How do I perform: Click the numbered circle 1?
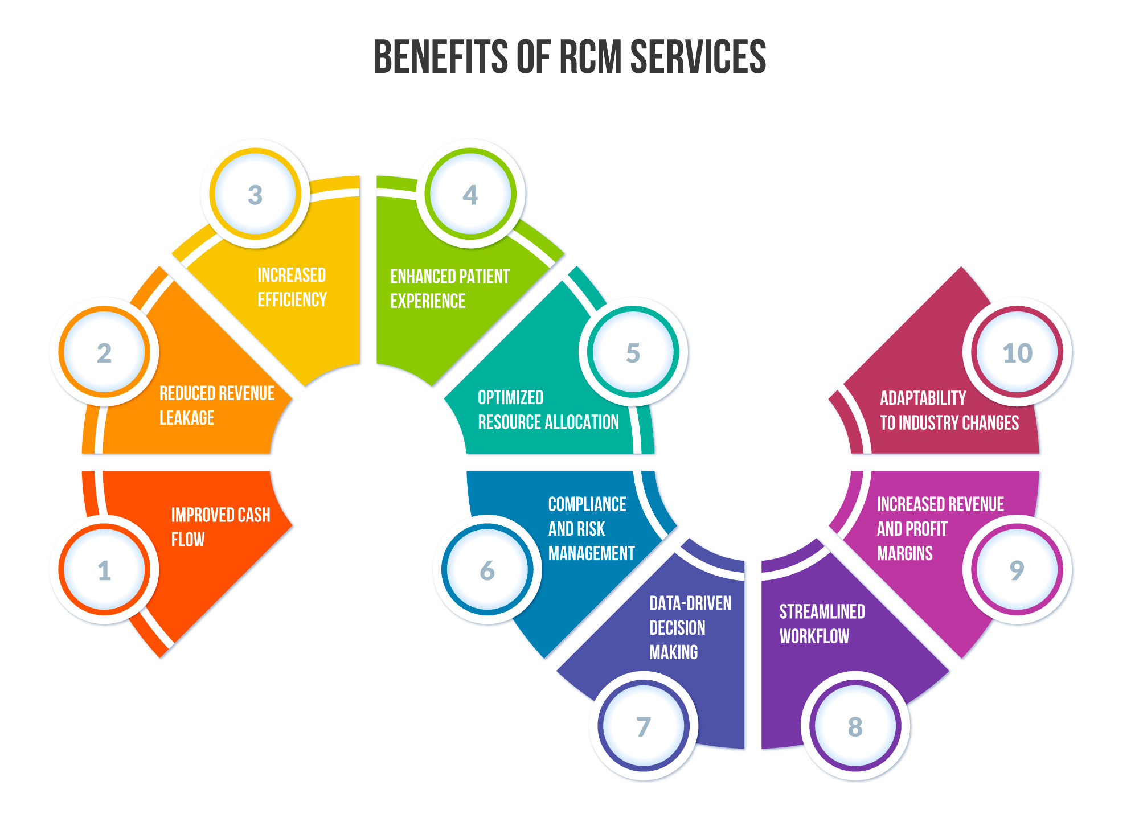(104, 570)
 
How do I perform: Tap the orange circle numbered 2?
(104, 353)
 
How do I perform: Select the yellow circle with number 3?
(255, 195)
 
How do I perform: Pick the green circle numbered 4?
(470, 195)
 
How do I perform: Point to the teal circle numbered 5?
(633, 353)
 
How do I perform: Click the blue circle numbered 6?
(487, 570)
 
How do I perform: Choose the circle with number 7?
(644, 726)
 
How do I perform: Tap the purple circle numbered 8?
(855, 726)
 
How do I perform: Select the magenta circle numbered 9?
(1017, 570)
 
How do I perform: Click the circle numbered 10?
(1017, 353)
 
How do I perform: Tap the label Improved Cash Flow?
(221, 527)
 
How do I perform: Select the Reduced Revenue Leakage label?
(217, 405)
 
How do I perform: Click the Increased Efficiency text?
(292, 287)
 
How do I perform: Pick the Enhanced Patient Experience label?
(450, 289)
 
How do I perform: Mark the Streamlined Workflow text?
(822, 624)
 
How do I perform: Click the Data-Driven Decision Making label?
(690, 627)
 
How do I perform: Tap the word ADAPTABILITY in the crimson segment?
(923, 398)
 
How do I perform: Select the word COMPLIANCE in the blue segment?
(587, 504)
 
